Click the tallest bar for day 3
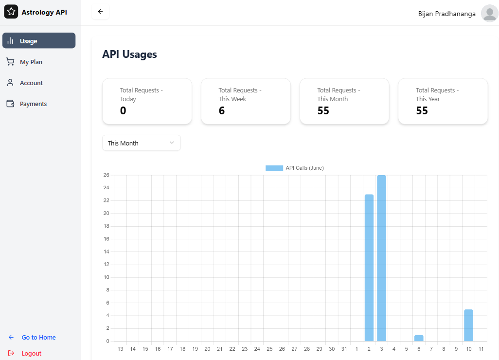point(381,258)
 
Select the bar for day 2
point(369,268)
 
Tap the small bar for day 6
point(419,338)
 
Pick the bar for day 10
point(468,325)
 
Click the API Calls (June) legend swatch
point(274,168)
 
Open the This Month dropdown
point(141,143)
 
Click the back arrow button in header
point(100,12)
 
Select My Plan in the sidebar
point(31,62)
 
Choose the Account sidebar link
point(31,83)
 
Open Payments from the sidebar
point(33,104)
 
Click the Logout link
point(31,354)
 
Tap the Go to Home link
point(38,338)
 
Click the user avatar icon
point(489,13)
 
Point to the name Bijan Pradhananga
point(446,14)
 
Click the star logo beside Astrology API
point(11,12)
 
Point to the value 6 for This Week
point(222,111)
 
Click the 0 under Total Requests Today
point(123,111)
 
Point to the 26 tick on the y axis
point(106,175)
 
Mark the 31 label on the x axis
point(344,349)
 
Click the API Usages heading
point(129,54)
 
